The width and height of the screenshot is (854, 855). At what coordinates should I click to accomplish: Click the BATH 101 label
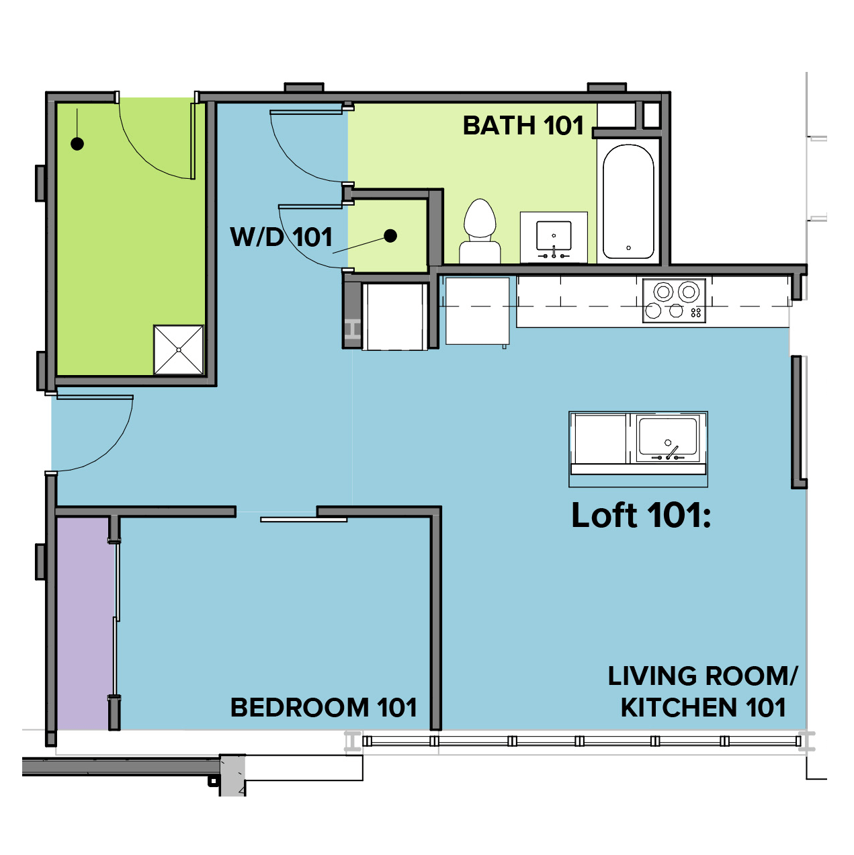click(x=523, y=126)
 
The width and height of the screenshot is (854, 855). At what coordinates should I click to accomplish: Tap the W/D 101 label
click(x=282, y=237)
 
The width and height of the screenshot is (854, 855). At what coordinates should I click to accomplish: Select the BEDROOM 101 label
click(x=324, y=707)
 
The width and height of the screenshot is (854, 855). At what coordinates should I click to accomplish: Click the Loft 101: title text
click(x=641, y=515)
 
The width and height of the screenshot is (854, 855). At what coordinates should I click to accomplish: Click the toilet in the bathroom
click(x=480, y=231)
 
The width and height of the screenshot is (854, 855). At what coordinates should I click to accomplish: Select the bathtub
click(x=628, y=201)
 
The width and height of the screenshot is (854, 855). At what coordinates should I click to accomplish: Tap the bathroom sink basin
click(x=554, y=236)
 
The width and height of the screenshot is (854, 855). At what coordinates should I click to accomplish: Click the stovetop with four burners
click(x=674, y=300)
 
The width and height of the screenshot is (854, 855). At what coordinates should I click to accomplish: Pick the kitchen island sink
click(x=667, y=438)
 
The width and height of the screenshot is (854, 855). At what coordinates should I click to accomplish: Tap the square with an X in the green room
click(x=178, y=350)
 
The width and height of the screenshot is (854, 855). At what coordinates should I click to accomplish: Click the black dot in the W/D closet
click(x=390, y=236)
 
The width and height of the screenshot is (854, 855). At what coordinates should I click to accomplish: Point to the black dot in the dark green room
click(x=77, y=144)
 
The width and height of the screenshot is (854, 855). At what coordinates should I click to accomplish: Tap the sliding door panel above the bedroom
click(x=304, y=520)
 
